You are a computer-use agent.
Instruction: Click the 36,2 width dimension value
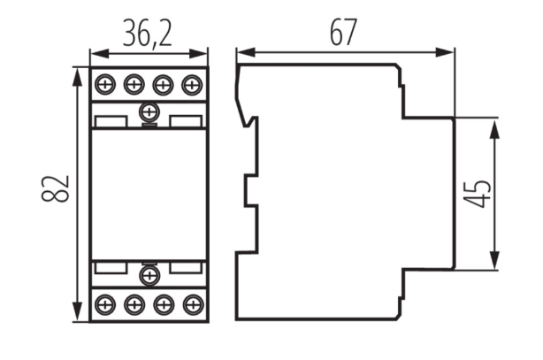pyautogui.click(x=149, y=34)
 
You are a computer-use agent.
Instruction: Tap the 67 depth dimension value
pyautogui.click(x=343, y=33)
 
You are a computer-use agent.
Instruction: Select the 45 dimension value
pyautogui.click(x=479, y=193)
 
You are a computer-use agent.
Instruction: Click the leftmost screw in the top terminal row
pyautogui.click(x=105, y=85)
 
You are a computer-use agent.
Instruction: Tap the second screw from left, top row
pyautogui.click(x=134, y=85)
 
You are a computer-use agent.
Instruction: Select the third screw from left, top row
pyautogui.click(x=163, y=85)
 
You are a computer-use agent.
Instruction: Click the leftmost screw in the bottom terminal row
pyautogui.click(x=105, y=304)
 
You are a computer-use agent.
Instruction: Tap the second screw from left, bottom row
pyautogui.click(x=134, y=304)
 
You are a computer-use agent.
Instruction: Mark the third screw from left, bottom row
pyautogui.click(x=163, y=304)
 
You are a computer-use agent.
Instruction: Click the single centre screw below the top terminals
pyautogui.click(x=149, y=112)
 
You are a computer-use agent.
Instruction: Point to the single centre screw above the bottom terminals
pyautogui.click(x=149, y=277)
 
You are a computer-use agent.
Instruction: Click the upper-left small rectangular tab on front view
pyautogui.click(x=109, y=121)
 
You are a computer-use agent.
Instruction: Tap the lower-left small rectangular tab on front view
pyautogui.click(x=109, y=267)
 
